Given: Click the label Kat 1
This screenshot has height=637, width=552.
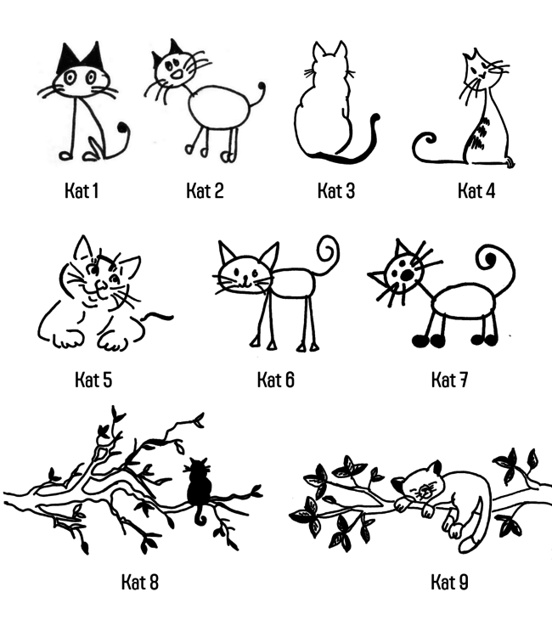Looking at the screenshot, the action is coord(82,190).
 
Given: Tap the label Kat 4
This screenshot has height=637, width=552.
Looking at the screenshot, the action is coord(476,190).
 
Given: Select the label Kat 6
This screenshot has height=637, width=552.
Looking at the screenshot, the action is coord(276,381).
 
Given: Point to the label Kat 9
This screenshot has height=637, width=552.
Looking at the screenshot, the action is coord(449,582).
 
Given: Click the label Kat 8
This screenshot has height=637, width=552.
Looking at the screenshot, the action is coord(140,582).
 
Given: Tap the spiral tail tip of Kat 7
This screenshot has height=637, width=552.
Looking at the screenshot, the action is coord(489,258).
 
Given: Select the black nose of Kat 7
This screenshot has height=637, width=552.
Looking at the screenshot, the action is coord(406,275).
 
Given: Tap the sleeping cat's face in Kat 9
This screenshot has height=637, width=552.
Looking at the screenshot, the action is coord(425,491).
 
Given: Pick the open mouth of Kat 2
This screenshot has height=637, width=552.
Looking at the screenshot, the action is coord(177,75).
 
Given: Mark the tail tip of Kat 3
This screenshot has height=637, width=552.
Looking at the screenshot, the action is coord(376,117).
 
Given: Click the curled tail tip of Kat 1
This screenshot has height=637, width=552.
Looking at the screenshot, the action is coord(122,127).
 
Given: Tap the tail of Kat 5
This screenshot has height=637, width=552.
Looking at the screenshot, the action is coord(158,316).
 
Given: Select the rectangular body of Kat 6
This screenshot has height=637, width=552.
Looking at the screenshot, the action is coord(293,282).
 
